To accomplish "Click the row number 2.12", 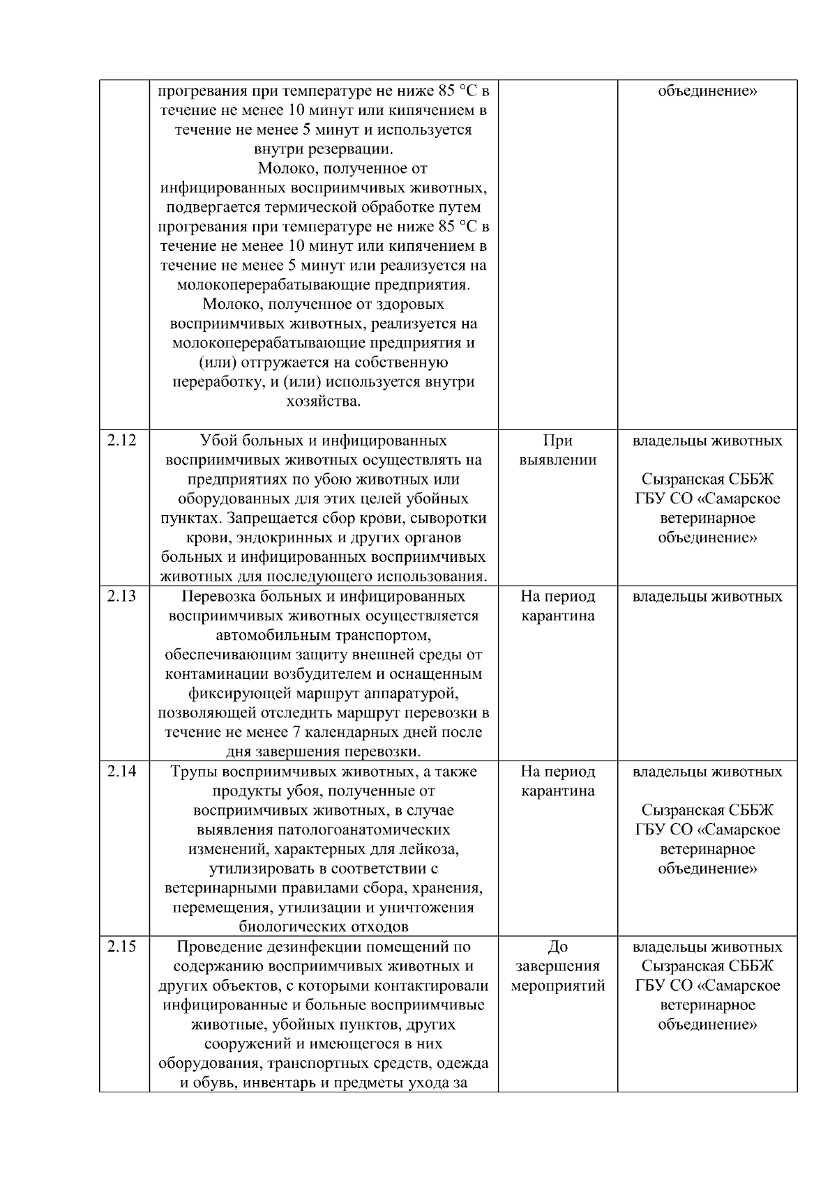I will (122, 441).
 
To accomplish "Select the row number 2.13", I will (122, 597).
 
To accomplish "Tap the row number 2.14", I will (122, 772).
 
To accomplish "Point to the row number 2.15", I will (122, 947).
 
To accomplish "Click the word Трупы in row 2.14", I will (192, 772).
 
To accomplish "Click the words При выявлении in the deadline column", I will (557, 450).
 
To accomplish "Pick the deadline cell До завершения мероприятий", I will (557, 966).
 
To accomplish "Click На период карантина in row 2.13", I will (557, 606).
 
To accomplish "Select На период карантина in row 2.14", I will (557, 781).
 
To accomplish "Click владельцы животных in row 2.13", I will (707, 597).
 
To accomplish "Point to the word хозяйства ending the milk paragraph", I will (324, 402).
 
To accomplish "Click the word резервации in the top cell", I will (350, 149).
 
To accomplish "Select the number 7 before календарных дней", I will (296, 733).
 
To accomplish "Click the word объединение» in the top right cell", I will (707, 91).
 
